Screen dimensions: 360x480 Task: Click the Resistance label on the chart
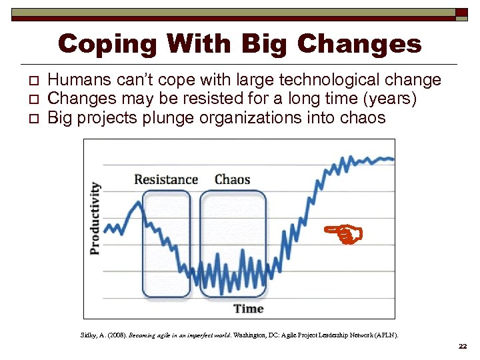pyautogui.click(x=166, y=179)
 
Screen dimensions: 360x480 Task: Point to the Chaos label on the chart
pyautogui.click(x=232, y=179)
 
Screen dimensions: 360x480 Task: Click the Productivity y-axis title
pyautogui.click(x=95, y=218)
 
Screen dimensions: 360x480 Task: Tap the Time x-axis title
pyautogui.click(x=248, y=309)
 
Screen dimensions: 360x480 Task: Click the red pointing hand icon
pyautogui.click(x=343, y=232)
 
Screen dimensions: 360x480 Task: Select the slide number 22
pyautogui.click(x=463, y=347)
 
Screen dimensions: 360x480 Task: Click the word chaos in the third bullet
pyautogui.click(x=361, y=118)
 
